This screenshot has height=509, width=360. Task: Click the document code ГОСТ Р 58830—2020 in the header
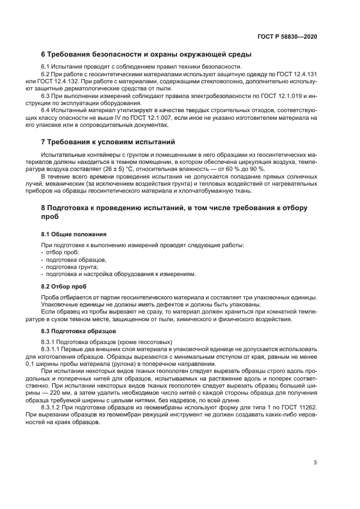287,36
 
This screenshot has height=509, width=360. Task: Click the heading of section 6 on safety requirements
146,55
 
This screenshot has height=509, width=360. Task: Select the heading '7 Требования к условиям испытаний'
108,142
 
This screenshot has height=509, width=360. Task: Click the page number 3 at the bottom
315,463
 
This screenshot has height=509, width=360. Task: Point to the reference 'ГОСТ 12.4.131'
298,73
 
